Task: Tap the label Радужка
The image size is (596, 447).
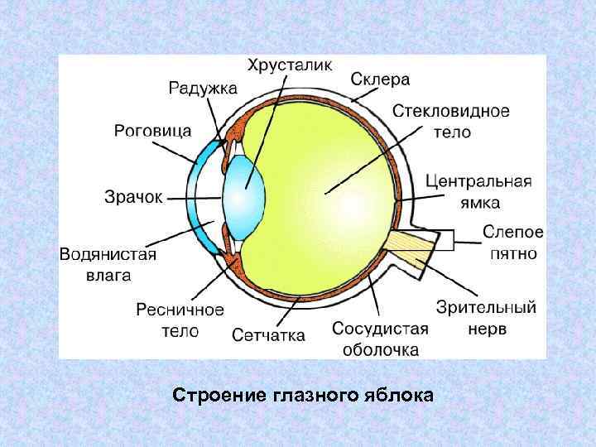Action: pos(203,87)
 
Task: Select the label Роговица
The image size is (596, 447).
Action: pos(152,131)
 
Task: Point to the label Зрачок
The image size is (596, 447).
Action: pos(134,197)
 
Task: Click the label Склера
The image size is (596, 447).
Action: pos(380,79)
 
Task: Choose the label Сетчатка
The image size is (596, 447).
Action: pos(268,335)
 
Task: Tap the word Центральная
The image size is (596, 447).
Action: pos(478,181)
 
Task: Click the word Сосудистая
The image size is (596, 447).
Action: pos(380,328)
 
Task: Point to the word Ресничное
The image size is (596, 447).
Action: pos(180,310)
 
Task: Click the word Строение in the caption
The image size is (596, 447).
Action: pos(217,395)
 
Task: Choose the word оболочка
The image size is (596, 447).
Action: pos(380,348)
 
